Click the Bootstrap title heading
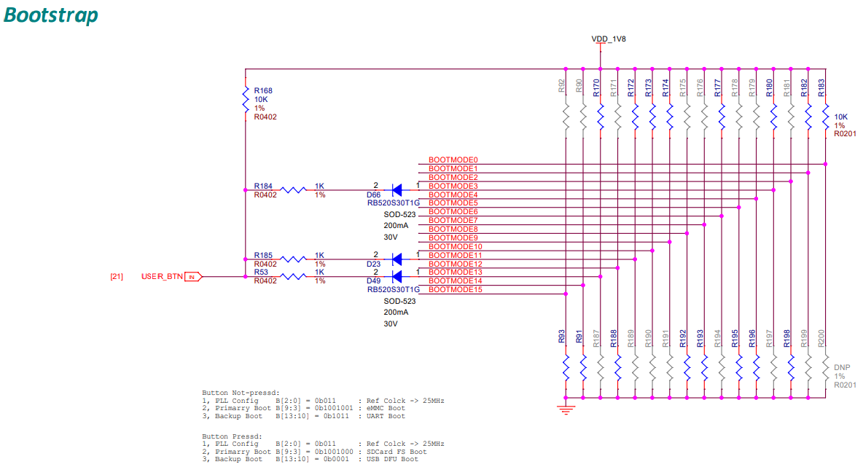pos(51,15)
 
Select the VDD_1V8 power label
pos(609,38)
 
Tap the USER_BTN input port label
pos(162,277)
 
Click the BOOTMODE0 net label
pos(453,160)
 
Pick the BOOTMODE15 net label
pos(455,290)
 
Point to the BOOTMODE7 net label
pos(453,221)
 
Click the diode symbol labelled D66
pos(397,190)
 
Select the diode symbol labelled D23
pos(397,259)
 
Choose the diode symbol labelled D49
pos(397,277)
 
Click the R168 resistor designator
pos(263,90)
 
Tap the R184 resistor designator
pos(263,187)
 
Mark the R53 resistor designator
pos(261,272)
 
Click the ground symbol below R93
pos(562,407)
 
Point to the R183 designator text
pos(822,88)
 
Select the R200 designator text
pos(822,337)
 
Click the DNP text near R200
pos(842,368)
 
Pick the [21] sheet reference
pos(116,277)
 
